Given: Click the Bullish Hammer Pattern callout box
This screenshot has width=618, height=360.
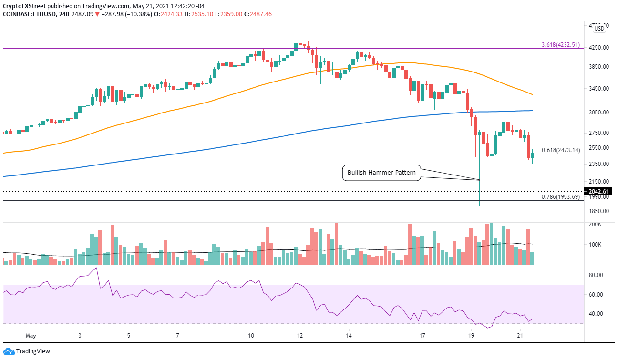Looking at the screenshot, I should click(x=381, y=173).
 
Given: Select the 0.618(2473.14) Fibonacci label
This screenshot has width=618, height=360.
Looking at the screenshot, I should click(x=561, y=150).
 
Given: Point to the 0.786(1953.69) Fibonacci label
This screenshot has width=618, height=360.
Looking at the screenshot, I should click(x=561, y=196).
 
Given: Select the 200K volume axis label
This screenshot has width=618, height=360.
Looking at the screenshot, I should click(x=596, y=224).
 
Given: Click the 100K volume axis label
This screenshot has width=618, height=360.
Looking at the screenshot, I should click(x=596, y=245).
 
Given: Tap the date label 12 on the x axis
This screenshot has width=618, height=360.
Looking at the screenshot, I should click(x=299, y=336).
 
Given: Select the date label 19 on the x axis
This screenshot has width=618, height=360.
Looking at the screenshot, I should click(x=471, y=336).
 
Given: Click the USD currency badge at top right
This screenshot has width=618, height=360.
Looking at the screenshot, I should click(x=599, y=29).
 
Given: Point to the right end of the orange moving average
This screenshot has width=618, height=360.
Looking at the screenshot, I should click(x=532, y=94).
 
